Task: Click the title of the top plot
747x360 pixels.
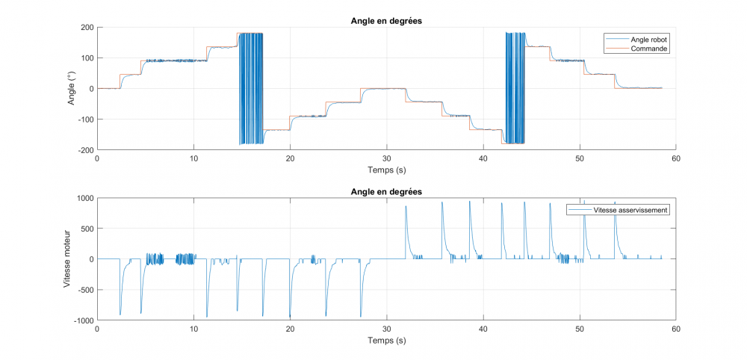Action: tap(386, 21)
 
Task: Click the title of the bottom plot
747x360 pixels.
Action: tap(386, 192)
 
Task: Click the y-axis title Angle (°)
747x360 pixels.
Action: tap(72, 89)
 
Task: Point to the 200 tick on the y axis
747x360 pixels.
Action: tap(87, 28)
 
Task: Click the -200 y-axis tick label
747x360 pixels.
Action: tap(84, 149)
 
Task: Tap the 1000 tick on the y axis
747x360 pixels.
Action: tap(84, 199)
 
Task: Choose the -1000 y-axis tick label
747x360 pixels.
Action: tap(82, 320)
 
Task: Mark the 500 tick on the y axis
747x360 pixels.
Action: tap(87, 229)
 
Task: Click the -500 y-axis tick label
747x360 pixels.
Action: tap(84, 290)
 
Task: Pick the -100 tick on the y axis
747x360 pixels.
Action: tap(84, 120)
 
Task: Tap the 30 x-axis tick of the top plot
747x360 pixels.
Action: tap(386, 158)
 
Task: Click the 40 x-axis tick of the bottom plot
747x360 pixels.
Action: tap(483, 329)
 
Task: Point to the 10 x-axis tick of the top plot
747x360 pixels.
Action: tap(193, 158)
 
